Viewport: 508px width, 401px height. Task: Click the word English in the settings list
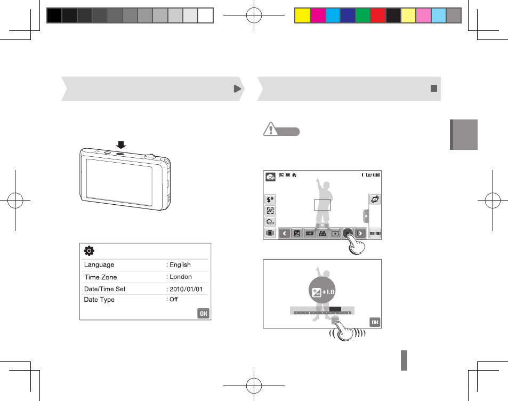(x=180, y=265)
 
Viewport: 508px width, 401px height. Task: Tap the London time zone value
(x=181, y=277)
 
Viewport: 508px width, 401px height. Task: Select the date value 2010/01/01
(x=186, y=289)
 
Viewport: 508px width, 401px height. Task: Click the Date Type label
(x=99, y=300)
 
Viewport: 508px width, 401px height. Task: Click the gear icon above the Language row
(x=89, y=251)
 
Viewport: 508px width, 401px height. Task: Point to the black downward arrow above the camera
(x=121, y=145)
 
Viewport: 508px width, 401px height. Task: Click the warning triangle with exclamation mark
(x=270, y=129)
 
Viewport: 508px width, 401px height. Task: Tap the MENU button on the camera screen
(x=375, y=234)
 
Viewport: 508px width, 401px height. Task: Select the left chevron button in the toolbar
(x=285, y=234)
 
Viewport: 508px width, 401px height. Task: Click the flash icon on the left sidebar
(x=270, y=199)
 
